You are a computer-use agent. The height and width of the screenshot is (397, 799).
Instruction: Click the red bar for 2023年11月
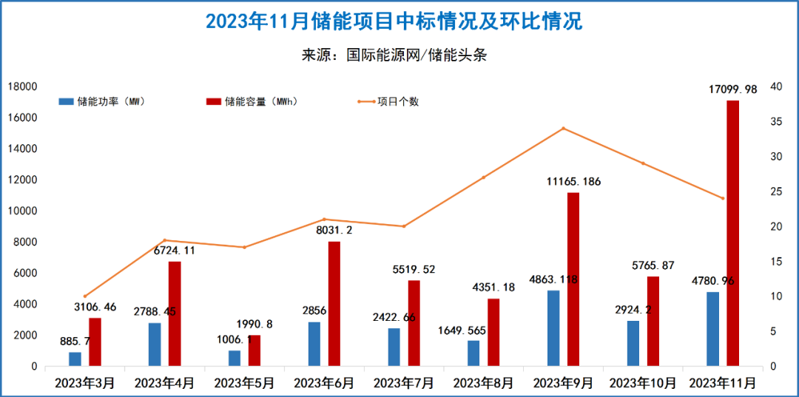[732, 233]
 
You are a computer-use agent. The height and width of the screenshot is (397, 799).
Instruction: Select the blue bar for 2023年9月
[553, 328]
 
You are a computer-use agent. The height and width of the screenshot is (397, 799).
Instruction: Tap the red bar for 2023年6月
[334, 303]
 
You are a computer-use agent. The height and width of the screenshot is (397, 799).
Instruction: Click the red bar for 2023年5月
[254, 350]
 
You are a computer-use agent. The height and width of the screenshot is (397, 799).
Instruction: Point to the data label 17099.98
[732, 89]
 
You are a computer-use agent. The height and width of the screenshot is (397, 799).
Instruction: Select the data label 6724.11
[175, 250]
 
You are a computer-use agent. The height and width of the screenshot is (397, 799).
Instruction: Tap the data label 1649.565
[464, 330]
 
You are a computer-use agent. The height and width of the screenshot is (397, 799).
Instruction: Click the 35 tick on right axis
[776, 121]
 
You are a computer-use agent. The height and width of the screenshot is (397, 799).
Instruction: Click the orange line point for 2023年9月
[563, 128]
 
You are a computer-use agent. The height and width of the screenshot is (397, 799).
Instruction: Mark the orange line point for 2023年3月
[85, 296]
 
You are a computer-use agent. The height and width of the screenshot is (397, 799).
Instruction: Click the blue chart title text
[394, 21]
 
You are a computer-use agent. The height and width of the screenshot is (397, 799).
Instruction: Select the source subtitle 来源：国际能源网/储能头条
[394, 55]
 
